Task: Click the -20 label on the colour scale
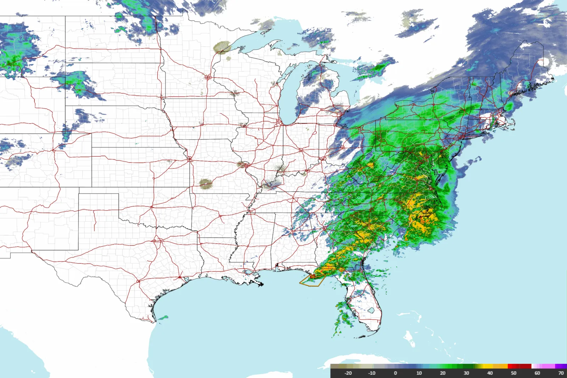(348, 373)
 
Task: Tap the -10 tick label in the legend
(371, 373)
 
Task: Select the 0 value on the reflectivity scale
(395, 373)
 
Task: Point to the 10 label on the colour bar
(419, 373)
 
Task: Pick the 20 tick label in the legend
(443, 373)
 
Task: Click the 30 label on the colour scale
(466, 373)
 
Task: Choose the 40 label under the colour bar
(490, 373)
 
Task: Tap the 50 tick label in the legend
(513, 373)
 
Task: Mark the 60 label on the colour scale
(537, 373)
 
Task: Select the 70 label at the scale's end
(561, 373)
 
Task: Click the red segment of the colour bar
(519, 366)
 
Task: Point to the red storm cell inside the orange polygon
(313, 276)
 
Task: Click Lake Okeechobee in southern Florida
(371, 311)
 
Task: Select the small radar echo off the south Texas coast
(163, 318)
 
